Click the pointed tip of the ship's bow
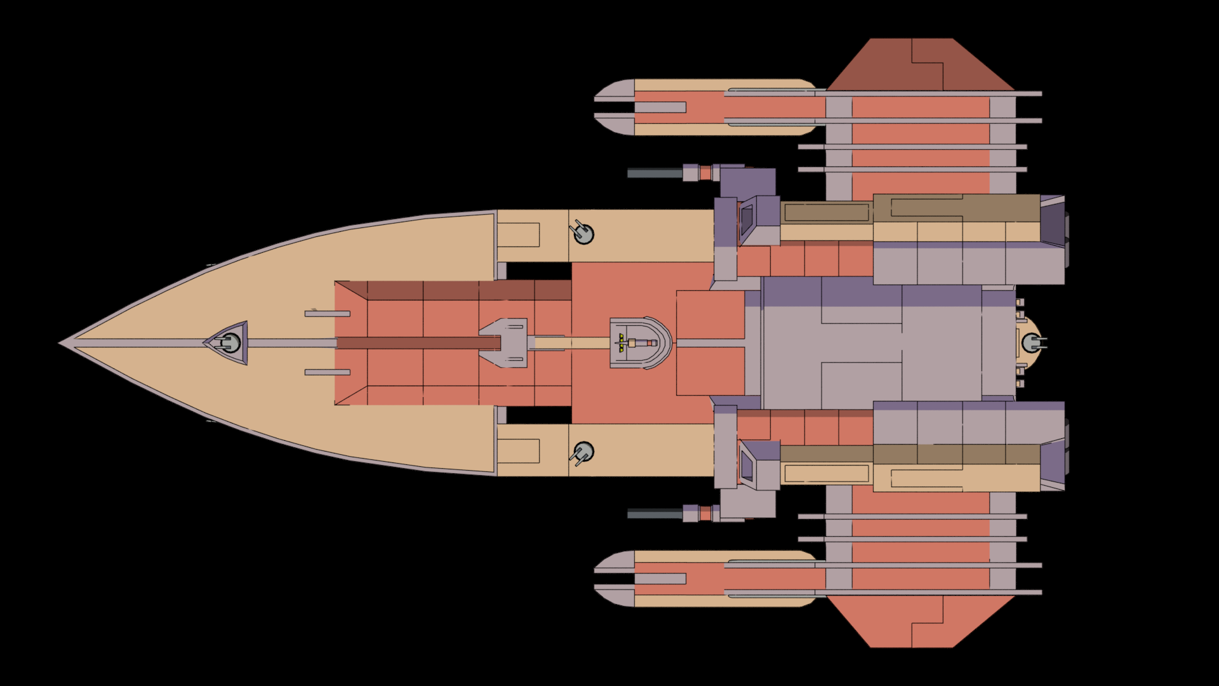(x=62, y=343)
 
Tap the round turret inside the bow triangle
(x=231, y=343)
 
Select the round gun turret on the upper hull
(x=583, y=234)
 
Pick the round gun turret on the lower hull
(x=583, y=452)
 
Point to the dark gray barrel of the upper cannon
(x=655, y=173)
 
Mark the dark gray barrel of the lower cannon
(x=655, y=513)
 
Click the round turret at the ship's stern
(x=1032, y=343)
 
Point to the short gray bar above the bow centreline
(x=327, y=314)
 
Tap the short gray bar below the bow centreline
(x=327, y=372)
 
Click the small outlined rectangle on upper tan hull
(x=518, y=235)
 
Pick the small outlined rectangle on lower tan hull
(x=518, y=451)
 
